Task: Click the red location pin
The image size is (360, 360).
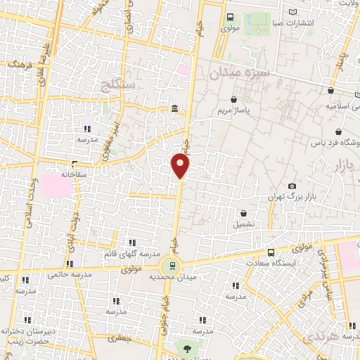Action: [x=181, y=166]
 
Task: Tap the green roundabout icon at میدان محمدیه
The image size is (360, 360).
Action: [x=169, y=266]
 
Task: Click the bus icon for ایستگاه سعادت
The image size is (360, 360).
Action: [x=271, y=252]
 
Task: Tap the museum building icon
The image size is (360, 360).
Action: [x=174, y=108]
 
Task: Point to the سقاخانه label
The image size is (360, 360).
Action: [x=73, y=173]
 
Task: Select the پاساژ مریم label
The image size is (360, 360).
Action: [x=233, y=111]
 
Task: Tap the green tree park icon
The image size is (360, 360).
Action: [x=186, y=347]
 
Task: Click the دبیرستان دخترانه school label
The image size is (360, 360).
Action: [x=27, y=330]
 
